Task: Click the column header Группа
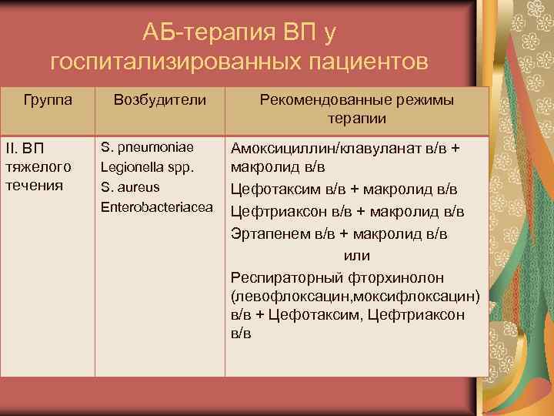[x=48, y=100]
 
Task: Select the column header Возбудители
[x=159, y=100]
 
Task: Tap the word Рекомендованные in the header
[x=317, y=100]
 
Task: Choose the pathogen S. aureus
[x=131, y=186]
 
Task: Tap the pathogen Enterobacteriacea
[x=157, y=206]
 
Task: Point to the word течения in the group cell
[x=35, y=185]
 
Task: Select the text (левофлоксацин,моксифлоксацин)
[x=355, y=296]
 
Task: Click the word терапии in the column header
[x=356, y=119]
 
